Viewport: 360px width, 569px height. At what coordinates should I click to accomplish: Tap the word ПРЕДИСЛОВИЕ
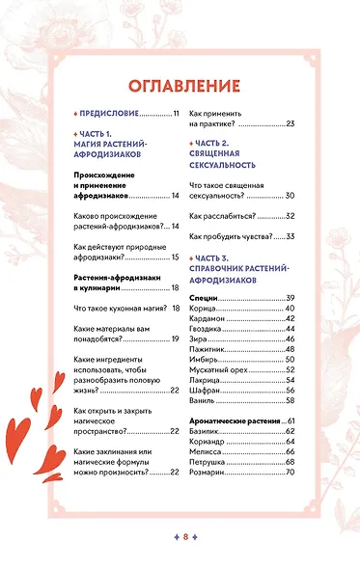[x=109, y=114]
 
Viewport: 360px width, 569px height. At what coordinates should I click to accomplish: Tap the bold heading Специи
[x=204, y=297]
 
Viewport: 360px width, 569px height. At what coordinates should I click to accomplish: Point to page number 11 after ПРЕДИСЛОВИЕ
[x=176, y=114]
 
